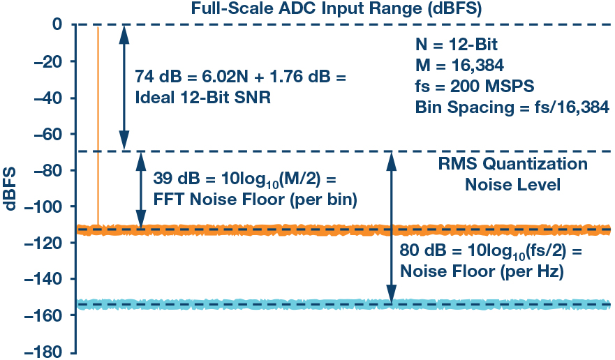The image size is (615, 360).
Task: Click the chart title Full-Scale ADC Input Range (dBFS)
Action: tap(336, 8)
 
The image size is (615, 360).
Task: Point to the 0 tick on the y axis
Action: tap(57, 24)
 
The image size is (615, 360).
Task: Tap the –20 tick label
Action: tap(49, 61)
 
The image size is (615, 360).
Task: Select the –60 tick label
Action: tap(49, 134)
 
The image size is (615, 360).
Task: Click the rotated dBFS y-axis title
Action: tap(10, 188)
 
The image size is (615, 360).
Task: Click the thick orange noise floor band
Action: tap(343, 230)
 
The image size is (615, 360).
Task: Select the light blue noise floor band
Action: tap(343, 304)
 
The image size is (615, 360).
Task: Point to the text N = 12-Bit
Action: tap(457, 45)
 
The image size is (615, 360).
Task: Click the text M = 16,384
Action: tap(460, 66)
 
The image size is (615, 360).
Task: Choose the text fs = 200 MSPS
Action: tap(475, 87)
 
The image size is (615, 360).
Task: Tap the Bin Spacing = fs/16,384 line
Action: tap(512, 107)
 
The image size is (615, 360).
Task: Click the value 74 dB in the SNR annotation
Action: tap(158, 77)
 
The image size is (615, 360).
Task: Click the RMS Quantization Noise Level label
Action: tap(512, 174)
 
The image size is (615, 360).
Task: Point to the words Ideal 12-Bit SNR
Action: tap(202, 98)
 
